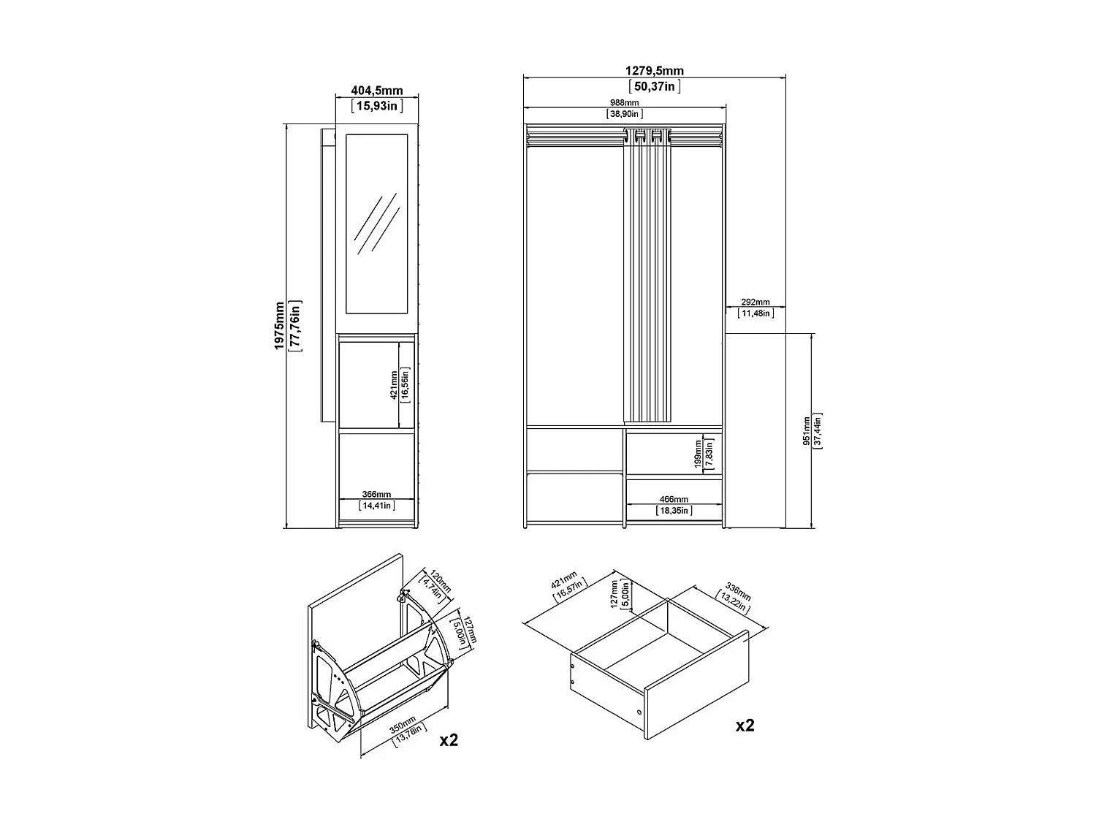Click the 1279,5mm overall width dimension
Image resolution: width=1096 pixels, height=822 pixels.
point(654,71)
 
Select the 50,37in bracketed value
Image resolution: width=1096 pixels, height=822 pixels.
point(654,86)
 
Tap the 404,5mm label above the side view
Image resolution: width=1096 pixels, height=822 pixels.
point(377,91)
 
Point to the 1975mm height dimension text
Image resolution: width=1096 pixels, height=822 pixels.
point(279,326)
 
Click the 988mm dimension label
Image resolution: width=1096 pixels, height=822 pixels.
point(625,103)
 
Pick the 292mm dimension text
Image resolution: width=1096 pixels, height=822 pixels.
point(756,302)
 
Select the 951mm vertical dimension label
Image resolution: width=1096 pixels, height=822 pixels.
point(807,431)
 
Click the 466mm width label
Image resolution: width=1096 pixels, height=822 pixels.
point(674,499)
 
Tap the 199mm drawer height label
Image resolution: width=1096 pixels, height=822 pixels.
point(698,453)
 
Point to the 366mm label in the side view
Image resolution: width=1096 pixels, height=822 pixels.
point(377,495)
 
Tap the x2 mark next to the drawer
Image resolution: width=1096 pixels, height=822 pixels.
point(745,725)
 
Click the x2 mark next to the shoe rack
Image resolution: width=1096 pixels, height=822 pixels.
point(448,739)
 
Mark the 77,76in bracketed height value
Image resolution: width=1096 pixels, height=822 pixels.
point(295,326)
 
